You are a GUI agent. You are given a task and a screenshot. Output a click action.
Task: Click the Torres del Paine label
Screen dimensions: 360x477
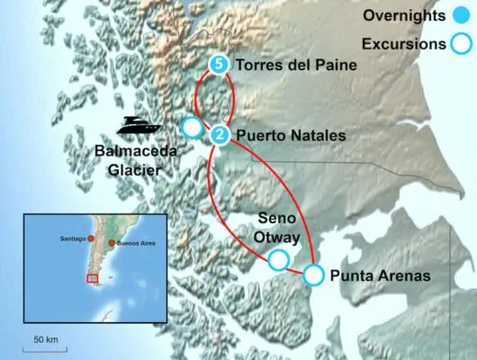click(x=294, y=65)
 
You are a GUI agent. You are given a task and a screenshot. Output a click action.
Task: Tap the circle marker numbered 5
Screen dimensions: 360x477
click(x=219, y=65)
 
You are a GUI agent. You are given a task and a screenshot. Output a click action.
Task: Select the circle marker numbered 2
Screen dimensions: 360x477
click(x=219, y=135)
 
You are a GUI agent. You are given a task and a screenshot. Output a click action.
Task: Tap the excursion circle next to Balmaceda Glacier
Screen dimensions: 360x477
click(x=193, y=128)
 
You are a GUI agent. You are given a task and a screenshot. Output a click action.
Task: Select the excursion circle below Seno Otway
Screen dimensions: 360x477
click(x=280, y=261)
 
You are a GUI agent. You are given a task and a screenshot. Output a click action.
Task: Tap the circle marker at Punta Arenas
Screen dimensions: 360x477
click(x=314, y=274)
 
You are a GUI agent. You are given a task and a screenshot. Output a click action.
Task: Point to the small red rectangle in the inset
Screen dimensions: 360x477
click(x=91, y=278)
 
